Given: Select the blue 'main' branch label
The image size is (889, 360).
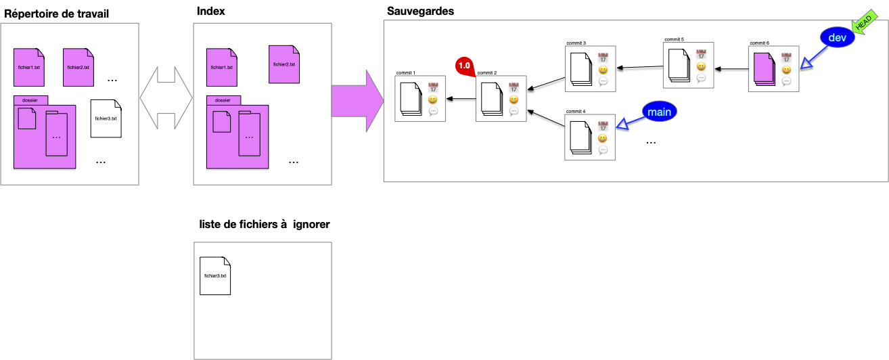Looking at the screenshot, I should point(659,112).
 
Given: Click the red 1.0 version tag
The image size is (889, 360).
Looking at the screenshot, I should point(465,66).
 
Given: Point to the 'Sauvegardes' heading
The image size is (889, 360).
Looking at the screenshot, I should point(420,12).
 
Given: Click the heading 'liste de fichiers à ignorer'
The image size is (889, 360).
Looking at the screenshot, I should point(265,224).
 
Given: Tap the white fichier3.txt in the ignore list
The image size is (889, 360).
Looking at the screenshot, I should point(215,276).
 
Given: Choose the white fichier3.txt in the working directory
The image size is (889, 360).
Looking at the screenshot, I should point(106,118).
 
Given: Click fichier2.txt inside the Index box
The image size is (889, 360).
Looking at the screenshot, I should point(283,64).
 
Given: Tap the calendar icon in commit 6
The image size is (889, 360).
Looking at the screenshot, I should point(786,58).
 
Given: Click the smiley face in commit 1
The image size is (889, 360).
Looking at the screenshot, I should point(433,99).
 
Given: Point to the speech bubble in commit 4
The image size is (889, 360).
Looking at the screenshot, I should point(603,150).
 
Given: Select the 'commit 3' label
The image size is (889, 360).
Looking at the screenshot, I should point(575,43).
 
